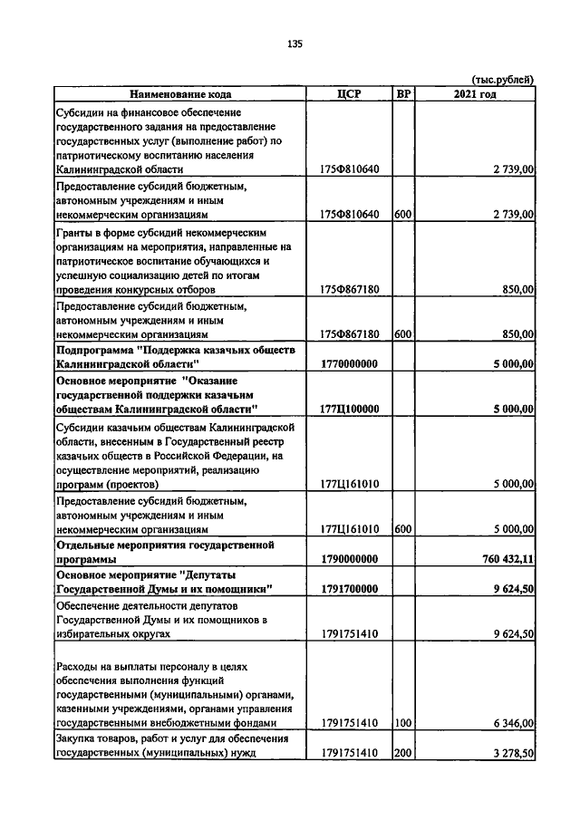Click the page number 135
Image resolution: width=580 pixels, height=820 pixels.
[295, 43]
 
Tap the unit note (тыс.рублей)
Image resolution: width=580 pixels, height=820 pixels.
[503, 80]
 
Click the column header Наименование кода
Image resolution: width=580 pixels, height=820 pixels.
[180, 93]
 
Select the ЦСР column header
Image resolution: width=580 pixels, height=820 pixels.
[349, 93]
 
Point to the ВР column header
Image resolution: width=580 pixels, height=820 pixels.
[403, 93]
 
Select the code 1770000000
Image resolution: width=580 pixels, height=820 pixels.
[349, 363]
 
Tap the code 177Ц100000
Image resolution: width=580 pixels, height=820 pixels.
[349, 410]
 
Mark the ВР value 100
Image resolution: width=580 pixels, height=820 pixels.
[403, 723]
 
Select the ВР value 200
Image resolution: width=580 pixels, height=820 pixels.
[403, 753]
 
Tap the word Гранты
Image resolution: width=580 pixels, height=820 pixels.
[76, 232]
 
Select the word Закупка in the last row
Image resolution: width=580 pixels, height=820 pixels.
[79, 739]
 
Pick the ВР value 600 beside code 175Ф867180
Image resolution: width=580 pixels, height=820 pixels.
[403, 334]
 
